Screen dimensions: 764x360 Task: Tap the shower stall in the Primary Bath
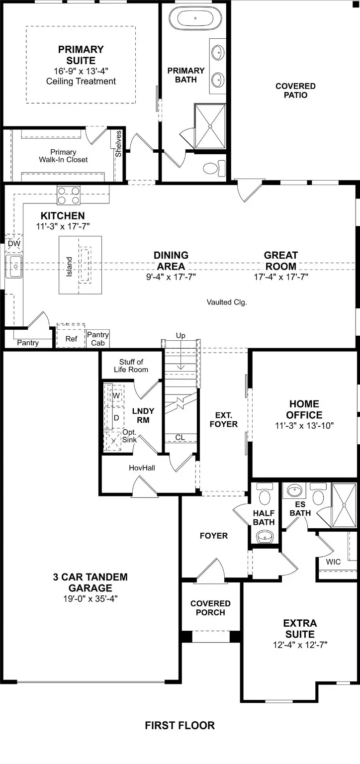209,126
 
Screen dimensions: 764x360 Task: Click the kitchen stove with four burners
69,195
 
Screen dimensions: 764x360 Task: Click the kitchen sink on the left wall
14,267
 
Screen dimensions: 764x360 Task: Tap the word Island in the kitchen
69,267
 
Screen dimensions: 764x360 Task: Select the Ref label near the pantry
72,339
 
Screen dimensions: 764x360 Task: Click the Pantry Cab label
97,339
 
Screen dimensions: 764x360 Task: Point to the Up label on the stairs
180,336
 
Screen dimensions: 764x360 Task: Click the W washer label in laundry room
116,395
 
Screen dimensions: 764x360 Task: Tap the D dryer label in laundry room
116,418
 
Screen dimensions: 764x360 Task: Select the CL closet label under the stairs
180,438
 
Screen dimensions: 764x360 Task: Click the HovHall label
142,468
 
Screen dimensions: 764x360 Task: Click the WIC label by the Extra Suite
333,562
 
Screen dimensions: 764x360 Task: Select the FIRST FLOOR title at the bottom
180,725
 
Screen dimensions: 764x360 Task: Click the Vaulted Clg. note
227,302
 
